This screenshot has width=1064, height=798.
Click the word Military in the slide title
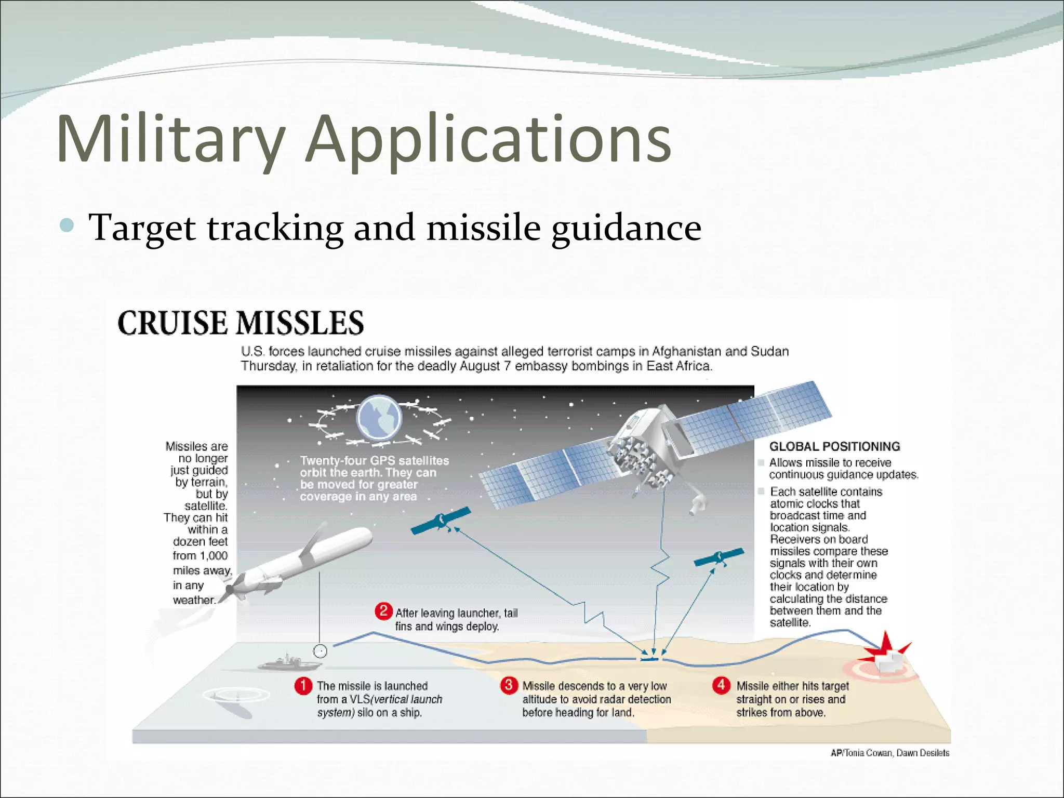(x=171, y=139)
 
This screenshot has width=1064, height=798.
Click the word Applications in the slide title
(x=488, y=139)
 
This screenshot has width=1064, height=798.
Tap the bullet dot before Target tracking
(x=67, y=225)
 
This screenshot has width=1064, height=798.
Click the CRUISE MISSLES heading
(x=241, y=323)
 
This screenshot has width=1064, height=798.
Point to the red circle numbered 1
(x=303, y=686)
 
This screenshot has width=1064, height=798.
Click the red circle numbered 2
(x=383, y=610)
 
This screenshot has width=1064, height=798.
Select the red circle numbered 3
(x=509, y=685)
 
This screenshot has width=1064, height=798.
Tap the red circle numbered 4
(x=721, y=685)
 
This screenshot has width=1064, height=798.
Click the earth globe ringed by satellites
(x=379, y=418)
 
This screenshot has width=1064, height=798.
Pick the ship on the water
(x=288, y=663)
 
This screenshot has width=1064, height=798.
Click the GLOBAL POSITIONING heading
(x=834, y=446)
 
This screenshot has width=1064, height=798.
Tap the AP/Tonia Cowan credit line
(x=889, y=753)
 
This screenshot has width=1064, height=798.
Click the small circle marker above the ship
(x=320, y=651)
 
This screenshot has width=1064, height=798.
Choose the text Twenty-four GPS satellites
(x=374, y=460)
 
